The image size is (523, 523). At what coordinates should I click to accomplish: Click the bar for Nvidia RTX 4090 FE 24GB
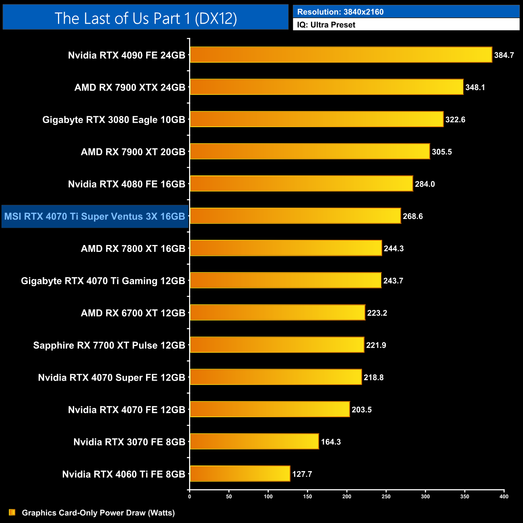tap(341, 55)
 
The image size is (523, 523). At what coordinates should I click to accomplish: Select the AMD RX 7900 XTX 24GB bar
tap(326, 87)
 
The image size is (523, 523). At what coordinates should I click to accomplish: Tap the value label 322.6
tap(455, 119)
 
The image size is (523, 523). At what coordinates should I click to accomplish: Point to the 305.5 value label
tap(442, 152)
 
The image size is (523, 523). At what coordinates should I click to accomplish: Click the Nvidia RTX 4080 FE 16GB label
tap(126, 184)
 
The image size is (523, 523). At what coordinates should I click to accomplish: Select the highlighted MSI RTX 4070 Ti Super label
tap(95, 216)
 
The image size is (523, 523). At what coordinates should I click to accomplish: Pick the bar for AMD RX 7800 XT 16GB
tap(286, 248)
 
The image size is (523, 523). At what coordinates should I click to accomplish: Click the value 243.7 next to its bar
tap(393, 281)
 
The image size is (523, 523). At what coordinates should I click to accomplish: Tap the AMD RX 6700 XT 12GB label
tap(133, 313)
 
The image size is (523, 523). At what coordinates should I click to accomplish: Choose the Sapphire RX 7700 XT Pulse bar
tap(277, 345)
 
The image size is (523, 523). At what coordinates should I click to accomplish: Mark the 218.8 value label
tap(373, 377)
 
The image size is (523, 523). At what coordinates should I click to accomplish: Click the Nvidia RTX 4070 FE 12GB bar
tap(270, 409)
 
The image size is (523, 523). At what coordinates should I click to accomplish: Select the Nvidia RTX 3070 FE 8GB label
tap(129, 442)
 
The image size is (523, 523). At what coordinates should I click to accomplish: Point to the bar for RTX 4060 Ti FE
tap(240, 474)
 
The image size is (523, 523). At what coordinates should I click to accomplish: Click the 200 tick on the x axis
tap(347, 496)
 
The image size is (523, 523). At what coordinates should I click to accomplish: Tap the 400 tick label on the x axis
tap(504, 496)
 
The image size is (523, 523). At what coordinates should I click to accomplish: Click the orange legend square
tap(12, 512)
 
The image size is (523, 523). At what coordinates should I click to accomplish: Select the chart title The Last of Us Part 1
tap(146, 18)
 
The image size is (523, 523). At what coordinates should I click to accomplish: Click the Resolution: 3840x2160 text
tap(340, 12)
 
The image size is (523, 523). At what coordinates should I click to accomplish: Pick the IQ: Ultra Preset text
tap(326, 25)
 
